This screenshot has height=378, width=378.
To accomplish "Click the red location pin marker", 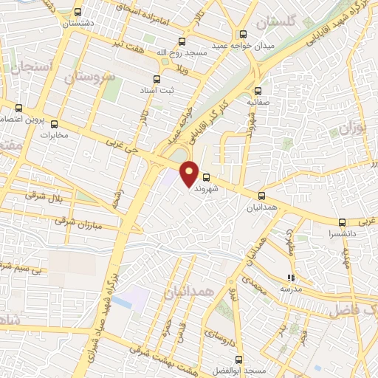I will [x=190, y=172].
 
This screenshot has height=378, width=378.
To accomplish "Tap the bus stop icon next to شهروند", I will [x=206, y=177].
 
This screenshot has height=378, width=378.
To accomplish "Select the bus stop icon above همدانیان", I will [x=261, y=196].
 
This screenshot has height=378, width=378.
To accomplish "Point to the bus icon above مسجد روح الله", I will [x=182, y=42].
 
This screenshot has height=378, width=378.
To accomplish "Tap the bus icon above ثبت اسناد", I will [x=156, y=79].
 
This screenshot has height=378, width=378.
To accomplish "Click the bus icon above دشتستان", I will [x=79, y=13].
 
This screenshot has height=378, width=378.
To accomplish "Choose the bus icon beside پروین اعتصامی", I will [x=43, y=109].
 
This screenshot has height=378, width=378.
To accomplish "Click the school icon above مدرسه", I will [x=290, y=278].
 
